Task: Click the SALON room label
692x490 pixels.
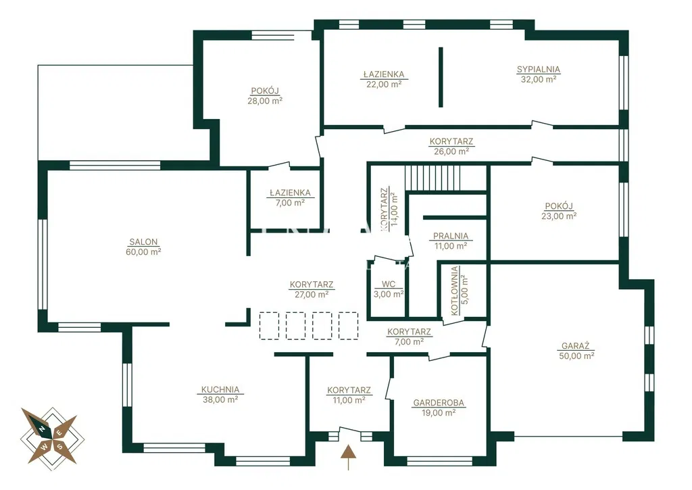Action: (x=143, y=242)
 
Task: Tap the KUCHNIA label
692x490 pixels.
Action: (x=220, y=390)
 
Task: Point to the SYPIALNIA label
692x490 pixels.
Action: (x=539, y=70)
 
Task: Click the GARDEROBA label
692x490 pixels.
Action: (x=439, y=403)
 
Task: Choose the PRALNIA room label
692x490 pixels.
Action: (x=451, y=236)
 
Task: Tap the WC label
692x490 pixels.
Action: (x=389, y=285)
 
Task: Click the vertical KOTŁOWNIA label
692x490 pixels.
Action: (x=455, y=291)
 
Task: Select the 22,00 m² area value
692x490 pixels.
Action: (x=384, y=84)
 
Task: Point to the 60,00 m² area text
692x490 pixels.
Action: (x=143, y=252)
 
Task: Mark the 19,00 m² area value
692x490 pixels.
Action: (x=438, y=413)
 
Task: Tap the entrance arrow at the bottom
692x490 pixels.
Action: (x=349, y=458)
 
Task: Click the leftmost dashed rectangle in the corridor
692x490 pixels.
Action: (x=269, y=326)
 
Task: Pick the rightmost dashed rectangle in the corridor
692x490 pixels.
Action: (x=349, y=326)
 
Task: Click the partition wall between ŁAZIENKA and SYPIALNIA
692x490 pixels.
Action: (x=441, y=77)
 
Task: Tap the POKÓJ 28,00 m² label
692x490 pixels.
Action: (x=265, y=96)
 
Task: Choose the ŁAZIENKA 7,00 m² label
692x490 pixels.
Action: (x=291, y=198)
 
